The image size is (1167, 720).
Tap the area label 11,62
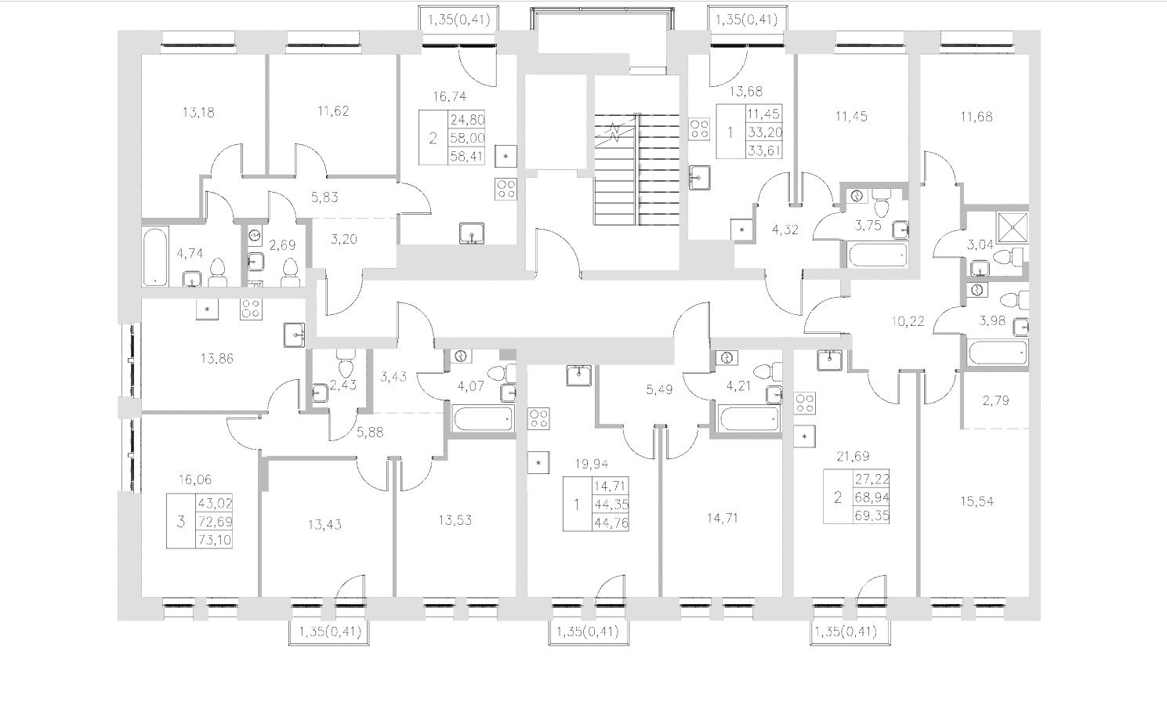pos(334,112)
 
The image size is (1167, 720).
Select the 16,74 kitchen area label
pos(450,96)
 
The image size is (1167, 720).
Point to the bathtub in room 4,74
pos(155,255)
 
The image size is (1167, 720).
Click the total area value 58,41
pos(466,156)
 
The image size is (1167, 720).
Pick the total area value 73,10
pos(215,539)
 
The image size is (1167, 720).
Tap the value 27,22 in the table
pos(874,479)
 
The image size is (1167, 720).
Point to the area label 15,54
pos(976,501)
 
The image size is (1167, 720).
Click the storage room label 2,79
pos(995,400)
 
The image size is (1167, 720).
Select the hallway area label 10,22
pos(908,320)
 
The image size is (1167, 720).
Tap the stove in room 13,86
pos(250,309)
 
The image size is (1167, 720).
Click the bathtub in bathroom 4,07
pos(483,418)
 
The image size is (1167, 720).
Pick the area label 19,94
pos(590,463)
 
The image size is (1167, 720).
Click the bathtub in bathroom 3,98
pos(995,353)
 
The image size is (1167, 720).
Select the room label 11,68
pos(976,118)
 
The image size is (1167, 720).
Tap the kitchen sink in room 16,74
pos(472,233)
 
